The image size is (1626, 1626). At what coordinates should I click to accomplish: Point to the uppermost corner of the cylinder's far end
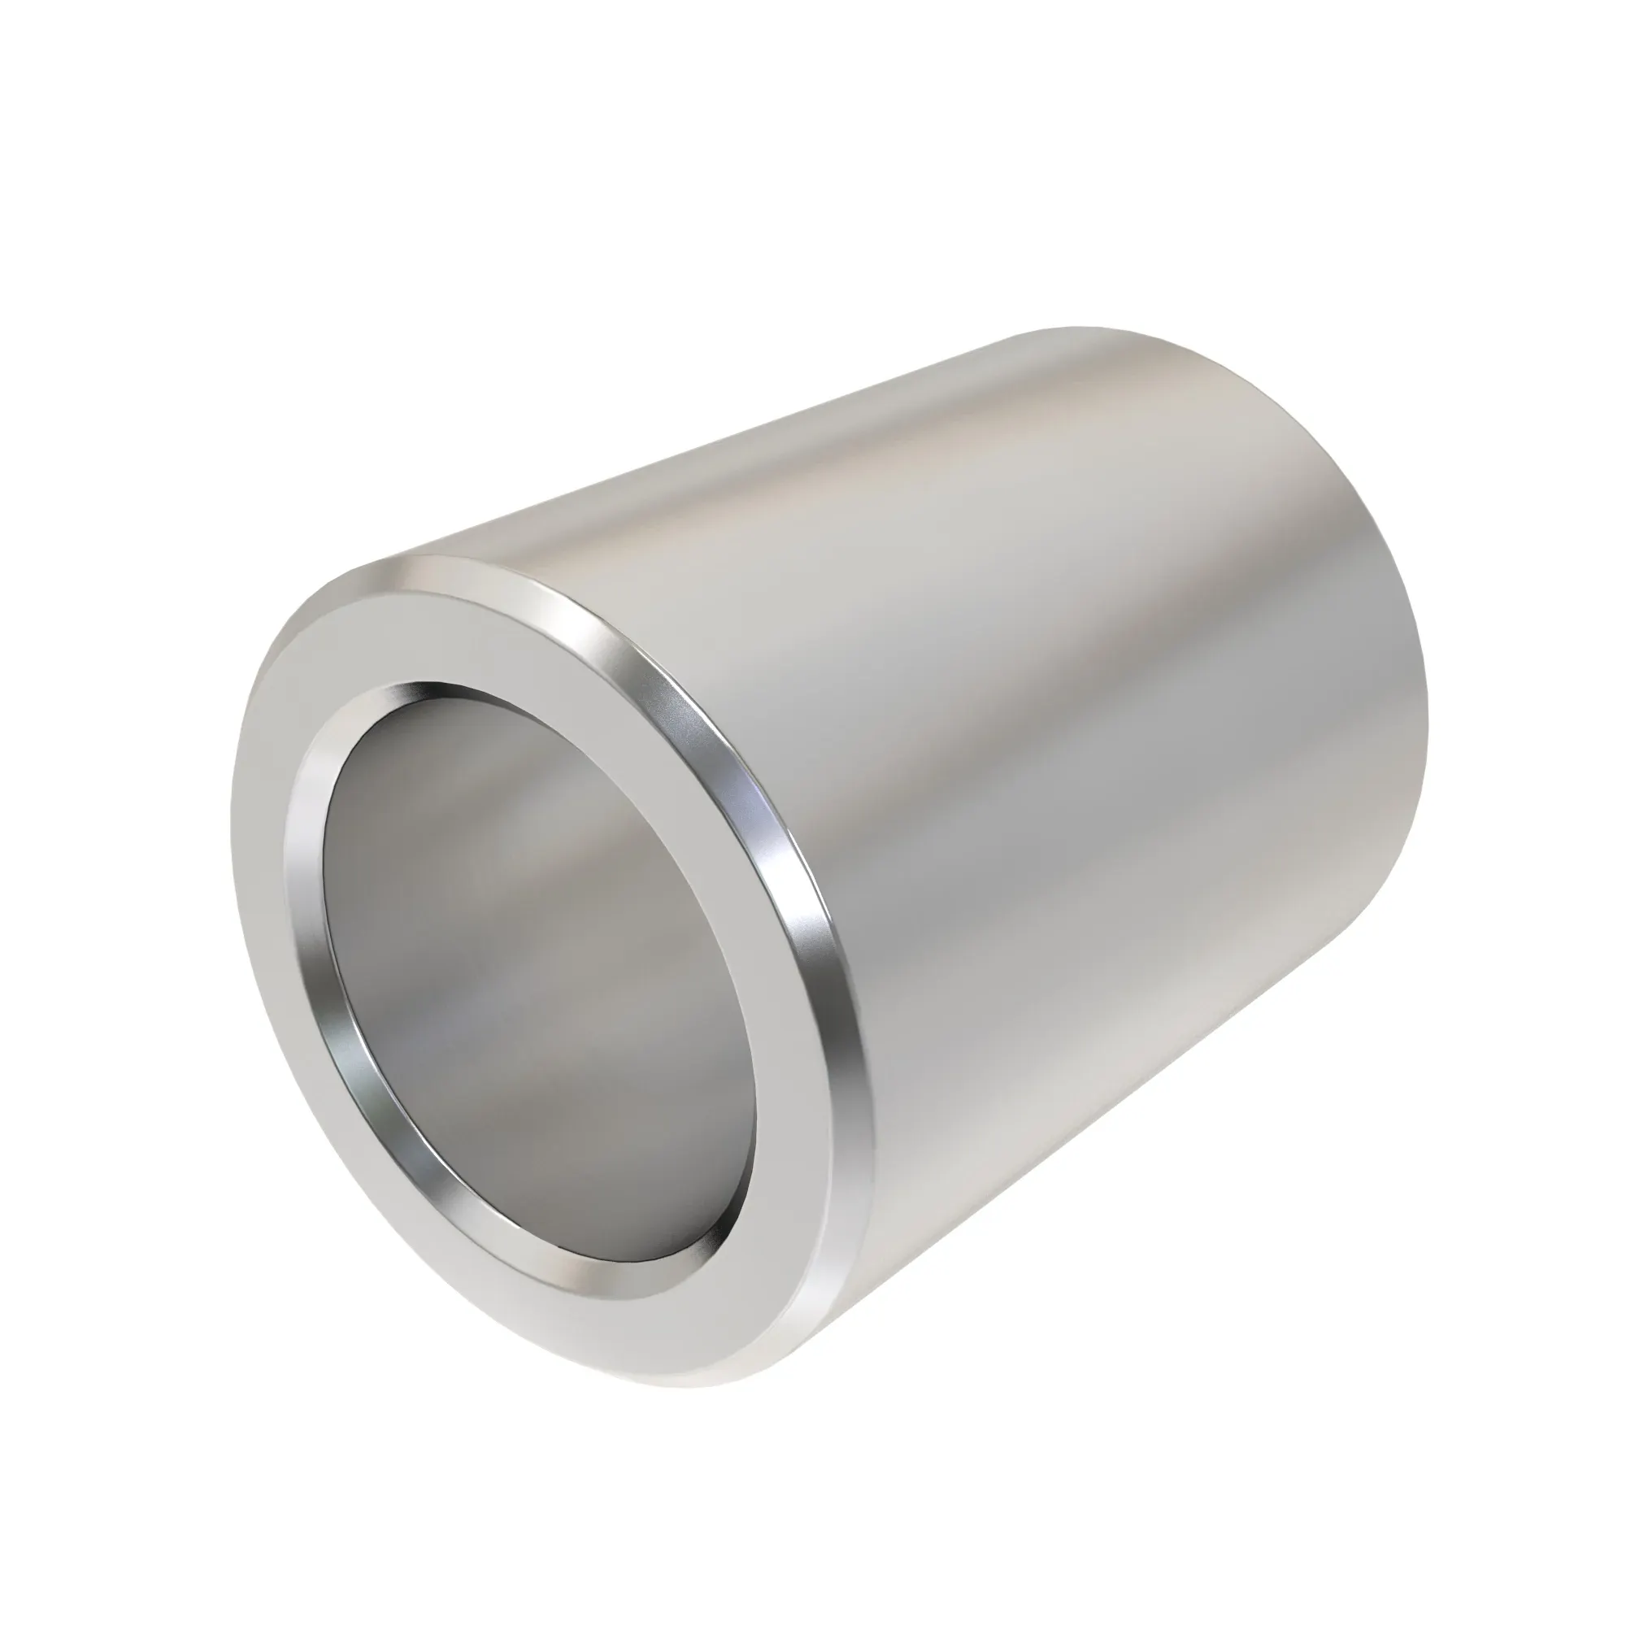(1085, 328)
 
